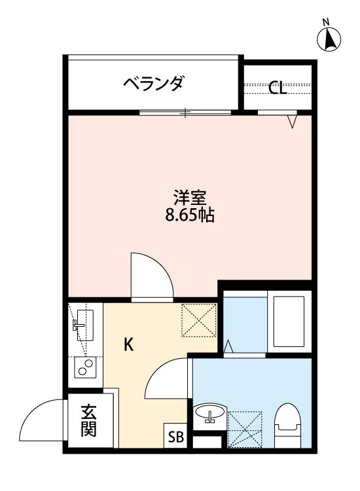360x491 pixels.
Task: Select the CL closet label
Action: pyautogui.click(x=278, y=88)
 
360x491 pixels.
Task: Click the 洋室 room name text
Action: pyautogui.click(x=189, y=197)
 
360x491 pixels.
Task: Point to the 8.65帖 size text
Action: pyautogui.click(x=189, y=214)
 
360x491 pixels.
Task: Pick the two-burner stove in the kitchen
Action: pyautogui.click(x=84, y=368)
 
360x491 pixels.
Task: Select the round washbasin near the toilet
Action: pyautogui.click(x=209, y=414)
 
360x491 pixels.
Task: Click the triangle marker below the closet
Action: pyautogui.click(x=293, y=121)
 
